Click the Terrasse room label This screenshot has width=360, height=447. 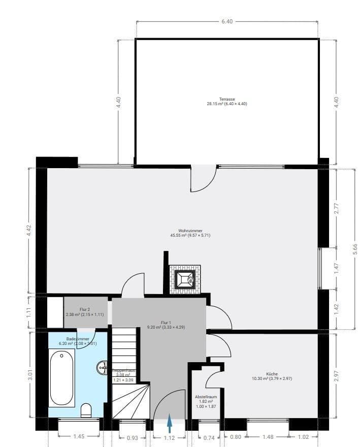point(226,101)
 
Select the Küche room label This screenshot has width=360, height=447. point(272,376)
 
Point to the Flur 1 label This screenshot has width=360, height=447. point(166,325)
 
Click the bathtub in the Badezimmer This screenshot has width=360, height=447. point(62,378)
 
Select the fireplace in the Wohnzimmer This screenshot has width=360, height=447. point(185,279)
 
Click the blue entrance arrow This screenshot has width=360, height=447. point(170,424)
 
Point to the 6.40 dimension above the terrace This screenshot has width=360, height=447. point(227,22)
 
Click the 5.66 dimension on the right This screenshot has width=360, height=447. point(354,249)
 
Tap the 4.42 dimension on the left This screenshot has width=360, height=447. point(29,231)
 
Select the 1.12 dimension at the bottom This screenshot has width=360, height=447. point(170,437)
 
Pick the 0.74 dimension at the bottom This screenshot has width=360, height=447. point(208,437)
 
